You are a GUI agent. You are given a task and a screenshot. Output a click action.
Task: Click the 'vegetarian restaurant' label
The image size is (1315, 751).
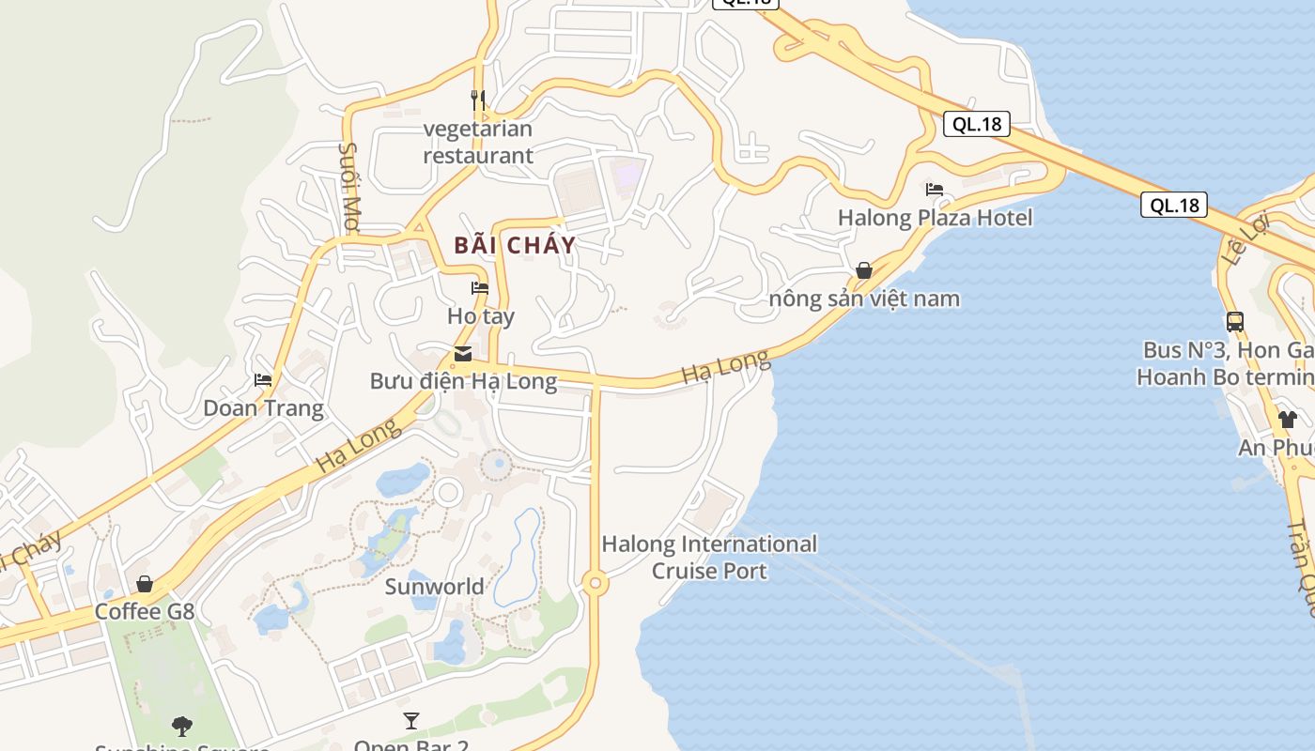coord(477,142)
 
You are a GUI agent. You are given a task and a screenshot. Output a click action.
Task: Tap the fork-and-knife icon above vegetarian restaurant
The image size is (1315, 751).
coord(478,100)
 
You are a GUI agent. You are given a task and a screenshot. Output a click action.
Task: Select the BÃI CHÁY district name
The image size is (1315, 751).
coord(515,246)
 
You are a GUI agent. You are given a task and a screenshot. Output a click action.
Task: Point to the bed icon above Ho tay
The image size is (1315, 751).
coord(480,288)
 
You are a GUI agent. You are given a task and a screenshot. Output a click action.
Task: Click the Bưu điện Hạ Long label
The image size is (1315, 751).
coord(463,381)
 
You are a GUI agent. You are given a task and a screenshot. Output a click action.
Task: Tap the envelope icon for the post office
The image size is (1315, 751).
coord(463,354)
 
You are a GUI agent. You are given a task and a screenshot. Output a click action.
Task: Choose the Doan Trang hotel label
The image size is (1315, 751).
coord(263,408)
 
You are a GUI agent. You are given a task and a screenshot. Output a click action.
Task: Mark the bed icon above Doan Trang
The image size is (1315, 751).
coord(263,380)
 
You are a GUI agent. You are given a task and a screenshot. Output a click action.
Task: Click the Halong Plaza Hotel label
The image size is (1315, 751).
coord(935,218)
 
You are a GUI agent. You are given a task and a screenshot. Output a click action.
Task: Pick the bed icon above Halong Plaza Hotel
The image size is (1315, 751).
coord(935,190)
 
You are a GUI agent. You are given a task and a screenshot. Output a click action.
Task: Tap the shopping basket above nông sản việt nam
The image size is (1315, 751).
coord(864,271)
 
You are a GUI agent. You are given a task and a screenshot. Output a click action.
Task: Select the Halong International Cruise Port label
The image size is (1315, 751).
coord(709,558)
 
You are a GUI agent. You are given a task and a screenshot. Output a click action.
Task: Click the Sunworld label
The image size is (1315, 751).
coord(435,587)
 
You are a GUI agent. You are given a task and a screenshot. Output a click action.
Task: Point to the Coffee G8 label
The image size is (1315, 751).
coord(145,612)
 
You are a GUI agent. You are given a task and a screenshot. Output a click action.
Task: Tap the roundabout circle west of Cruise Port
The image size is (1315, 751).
coord(594,584)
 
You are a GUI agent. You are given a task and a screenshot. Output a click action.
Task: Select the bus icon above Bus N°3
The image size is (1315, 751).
coord(1235,322)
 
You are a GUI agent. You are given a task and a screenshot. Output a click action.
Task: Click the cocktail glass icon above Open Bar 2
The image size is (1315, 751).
coord(411,721)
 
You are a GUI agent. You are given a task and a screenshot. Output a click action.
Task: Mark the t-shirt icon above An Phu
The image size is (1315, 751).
coord(1287,419)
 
